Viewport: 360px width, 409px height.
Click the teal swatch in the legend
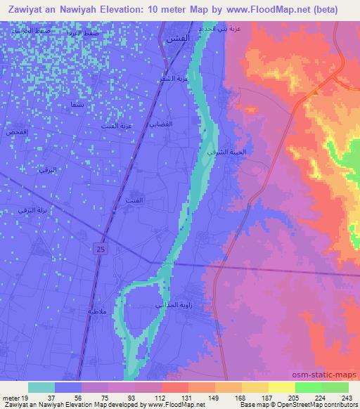click(41, 387)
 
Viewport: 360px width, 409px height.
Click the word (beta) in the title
click(325, 10)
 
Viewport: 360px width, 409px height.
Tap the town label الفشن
click(175, 41)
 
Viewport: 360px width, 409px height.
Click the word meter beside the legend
click(11, 397)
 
